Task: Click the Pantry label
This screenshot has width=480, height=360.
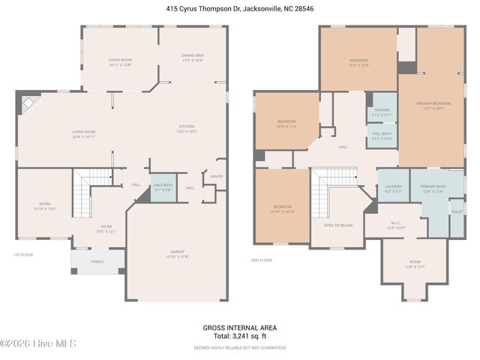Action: [217, 176]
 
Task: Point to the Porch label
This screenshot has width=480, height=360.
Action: [97, 262]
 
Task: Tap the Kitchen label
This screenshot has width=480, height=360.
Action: [186, 128]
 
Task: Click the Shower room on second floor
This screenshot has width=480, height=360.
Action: [382, 112]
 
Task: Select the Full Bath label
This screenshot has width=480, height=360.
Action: [382, 136]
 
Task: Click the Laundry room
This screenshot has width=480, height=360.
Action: [393, 189]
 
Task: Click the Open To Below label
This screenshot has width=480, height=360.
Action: [337, 225]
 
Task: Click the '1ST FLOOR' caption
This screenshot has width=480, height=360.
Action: [23, 255]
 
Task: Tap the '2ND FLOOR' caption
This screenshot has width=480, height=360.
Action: [261, 260]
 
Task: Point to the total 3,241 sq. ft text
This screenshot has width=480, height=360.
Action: [239, 337]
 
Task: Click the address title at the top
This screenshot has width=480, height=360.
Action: [239, 9]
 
